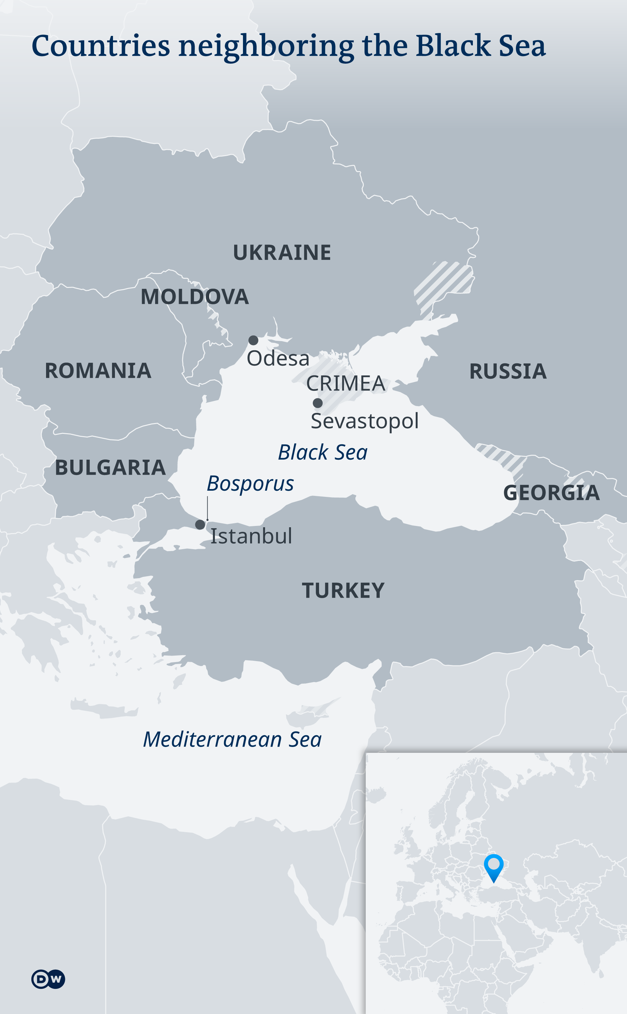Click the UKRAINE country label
coord(281,252)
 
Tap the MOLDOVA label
coord(195,297)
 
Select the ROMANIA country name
coord(98,371)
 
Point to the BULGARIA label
coord(110,467)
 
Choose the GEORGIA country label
coord(551,493)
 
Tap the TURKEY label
coord(343,590)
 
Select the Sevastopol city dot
coord(318,403)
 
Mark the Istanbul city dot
coord(200,524)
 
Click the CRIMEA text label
coord(346,383)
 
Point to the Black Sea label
coord(323,452)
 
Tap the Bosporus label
coord(250,483)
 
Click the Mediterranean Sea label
coord(232,739)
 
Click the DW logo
coord(48,979)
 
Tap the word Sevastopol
coord(364,421)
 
